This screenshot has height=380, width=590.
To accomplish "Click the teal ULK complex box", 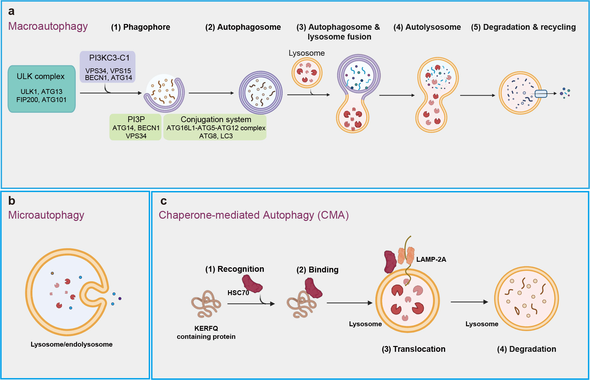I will (x=41, y=89).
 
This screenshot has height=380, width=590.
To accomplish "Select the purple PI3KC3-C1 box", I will (x=108, y=67).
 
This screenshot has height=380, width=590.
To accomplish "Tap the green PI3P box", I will (x=136, y=127).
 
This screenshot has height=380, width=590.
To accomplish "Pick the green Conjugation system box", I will (x=215, y=127).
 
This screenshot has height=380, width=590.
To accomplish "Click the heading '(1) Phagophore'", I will (x=141, y=27).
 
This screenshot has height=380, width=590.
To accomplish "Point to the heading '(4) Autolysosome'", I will (x=427, y=27).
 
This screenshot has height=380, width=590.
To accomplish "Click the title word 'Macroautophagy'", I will (x=48, y=26).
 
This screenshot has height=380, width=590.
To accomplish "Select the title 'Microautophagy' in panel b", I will (x=46, y=215).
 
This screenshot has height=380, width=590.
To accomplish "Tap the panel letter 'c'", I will (x=164, y=201).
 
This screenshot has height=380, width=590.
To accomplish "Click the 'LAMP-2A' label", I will (x=431, y=259).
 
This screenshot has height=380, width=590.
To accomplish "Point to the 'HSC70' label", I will (x=238, y=293).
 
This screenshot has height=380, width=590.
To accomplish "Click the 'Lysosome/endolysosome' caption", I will (x=72, y=344).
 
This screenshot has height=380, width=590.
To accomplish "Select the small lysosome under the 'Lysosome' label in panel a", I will (x=307, y=73).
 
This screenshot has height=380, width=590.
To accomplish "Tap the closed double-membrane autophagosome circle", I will (x=260, y=93).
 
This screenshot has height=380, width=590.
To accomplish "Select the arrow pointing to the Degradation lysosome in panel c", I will (x=469, y=302).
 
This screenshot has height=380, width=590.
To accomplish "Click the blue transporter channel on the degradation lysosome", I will (x=541, y=94).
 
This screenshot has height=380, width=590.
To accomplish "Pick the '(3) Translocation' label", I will (x=413, y=349).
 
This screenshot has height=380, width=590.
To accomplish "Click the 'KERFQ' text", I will (x=206, y=328).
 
